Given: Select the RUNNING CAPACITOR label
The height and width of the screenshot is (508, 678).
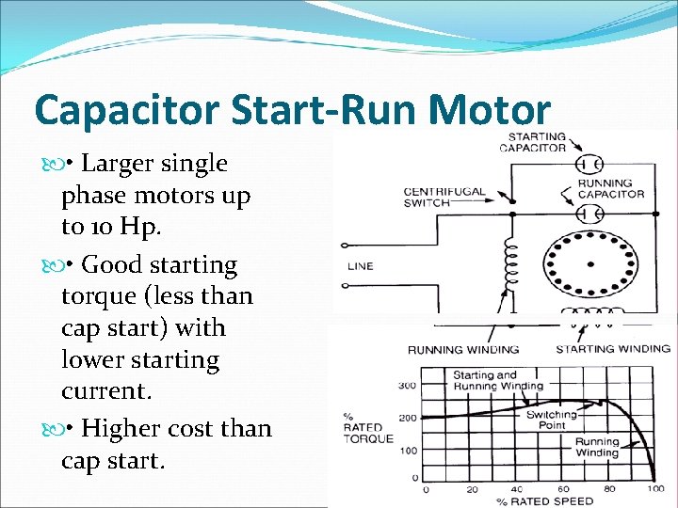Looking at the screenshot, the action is pyautogui.click(x=611, y=188).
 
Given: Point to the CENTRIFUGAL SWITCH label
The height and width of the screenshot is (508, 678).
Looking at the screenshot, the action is pyautogui.click(x=444, y=197).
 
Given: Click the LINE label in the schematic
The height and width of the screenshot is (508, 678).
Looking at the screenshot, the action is pyautogui.click(x=361, y=266).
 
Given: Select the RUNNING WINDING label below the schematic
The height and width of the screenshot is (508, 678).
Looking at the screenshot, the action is pyautogui.click(x=462, y=350).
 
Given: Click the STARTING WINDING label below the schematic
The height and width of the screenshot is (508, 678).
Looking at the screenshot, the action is pyautogui.click(x=613, y=349).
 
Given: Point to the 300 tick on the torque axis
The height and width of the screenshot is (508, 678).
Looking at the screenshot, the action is pyautogui.click(x=407, y=386).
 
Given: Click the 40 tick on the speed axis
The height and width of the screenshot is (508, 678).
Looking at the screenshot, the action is pyautogui.click(x=516, y=489).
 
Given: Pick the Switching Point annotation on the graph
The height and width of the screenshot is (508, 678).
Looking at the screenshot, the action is pyautogui.click(x=552, y=420).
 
